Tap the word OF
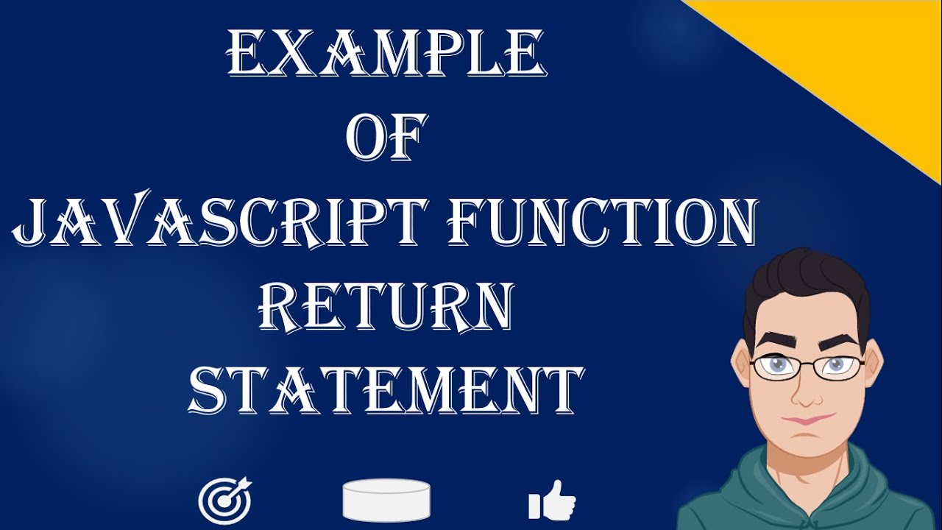pos(386,137)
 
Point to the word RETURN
pos(385,305)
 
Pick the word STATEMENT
pos(385,390)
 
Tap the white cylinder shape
pos(386,500)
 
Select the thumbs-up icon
pos(552,500)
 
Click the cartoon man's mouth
pos(807,420)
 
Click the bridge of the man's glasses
pos(807,364)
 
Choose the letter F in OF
pos(409,137)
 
